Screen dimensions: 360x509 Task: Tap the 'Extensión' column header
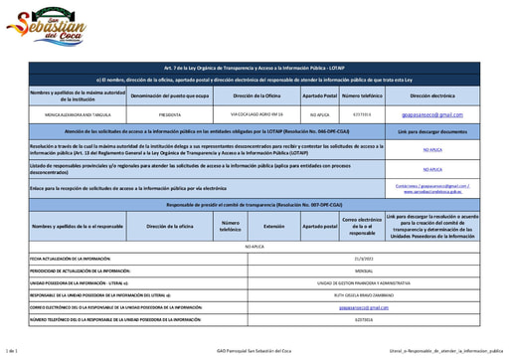tap(273, 226)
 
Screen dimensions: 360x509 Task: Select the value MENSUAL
tap(363, 270)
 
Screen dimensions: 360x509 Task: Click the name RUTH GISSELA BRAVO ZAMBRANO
tap(363, 295)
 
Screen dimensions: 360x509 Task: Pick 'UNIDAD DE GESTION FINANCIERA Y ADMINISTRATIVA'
tap(363, 282)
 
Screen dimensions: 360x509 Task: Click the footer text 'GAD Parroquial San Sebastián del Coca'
tap(254, 351)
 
